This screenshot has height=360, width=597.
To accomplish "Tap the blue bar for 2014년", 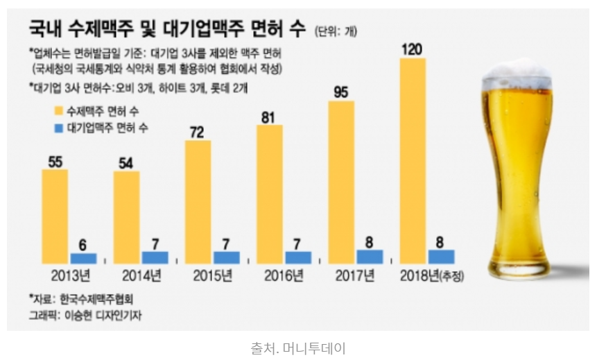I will pos(155,257).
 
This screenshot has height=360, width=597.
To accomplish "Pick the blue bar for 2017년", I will pos(370,256).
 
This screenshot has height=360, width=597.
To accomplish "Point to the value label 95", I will pos(341,92).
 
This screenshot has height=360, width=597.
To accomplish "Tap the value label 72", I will pos(198,131).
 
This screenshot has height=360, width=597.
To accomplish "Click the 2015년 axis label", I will pos(211,276).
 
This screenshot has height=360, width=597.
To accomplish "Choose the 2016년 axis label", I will pos(283,276).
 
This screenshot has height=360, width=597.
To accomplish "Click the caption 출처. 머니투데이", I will pos(297,347).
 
